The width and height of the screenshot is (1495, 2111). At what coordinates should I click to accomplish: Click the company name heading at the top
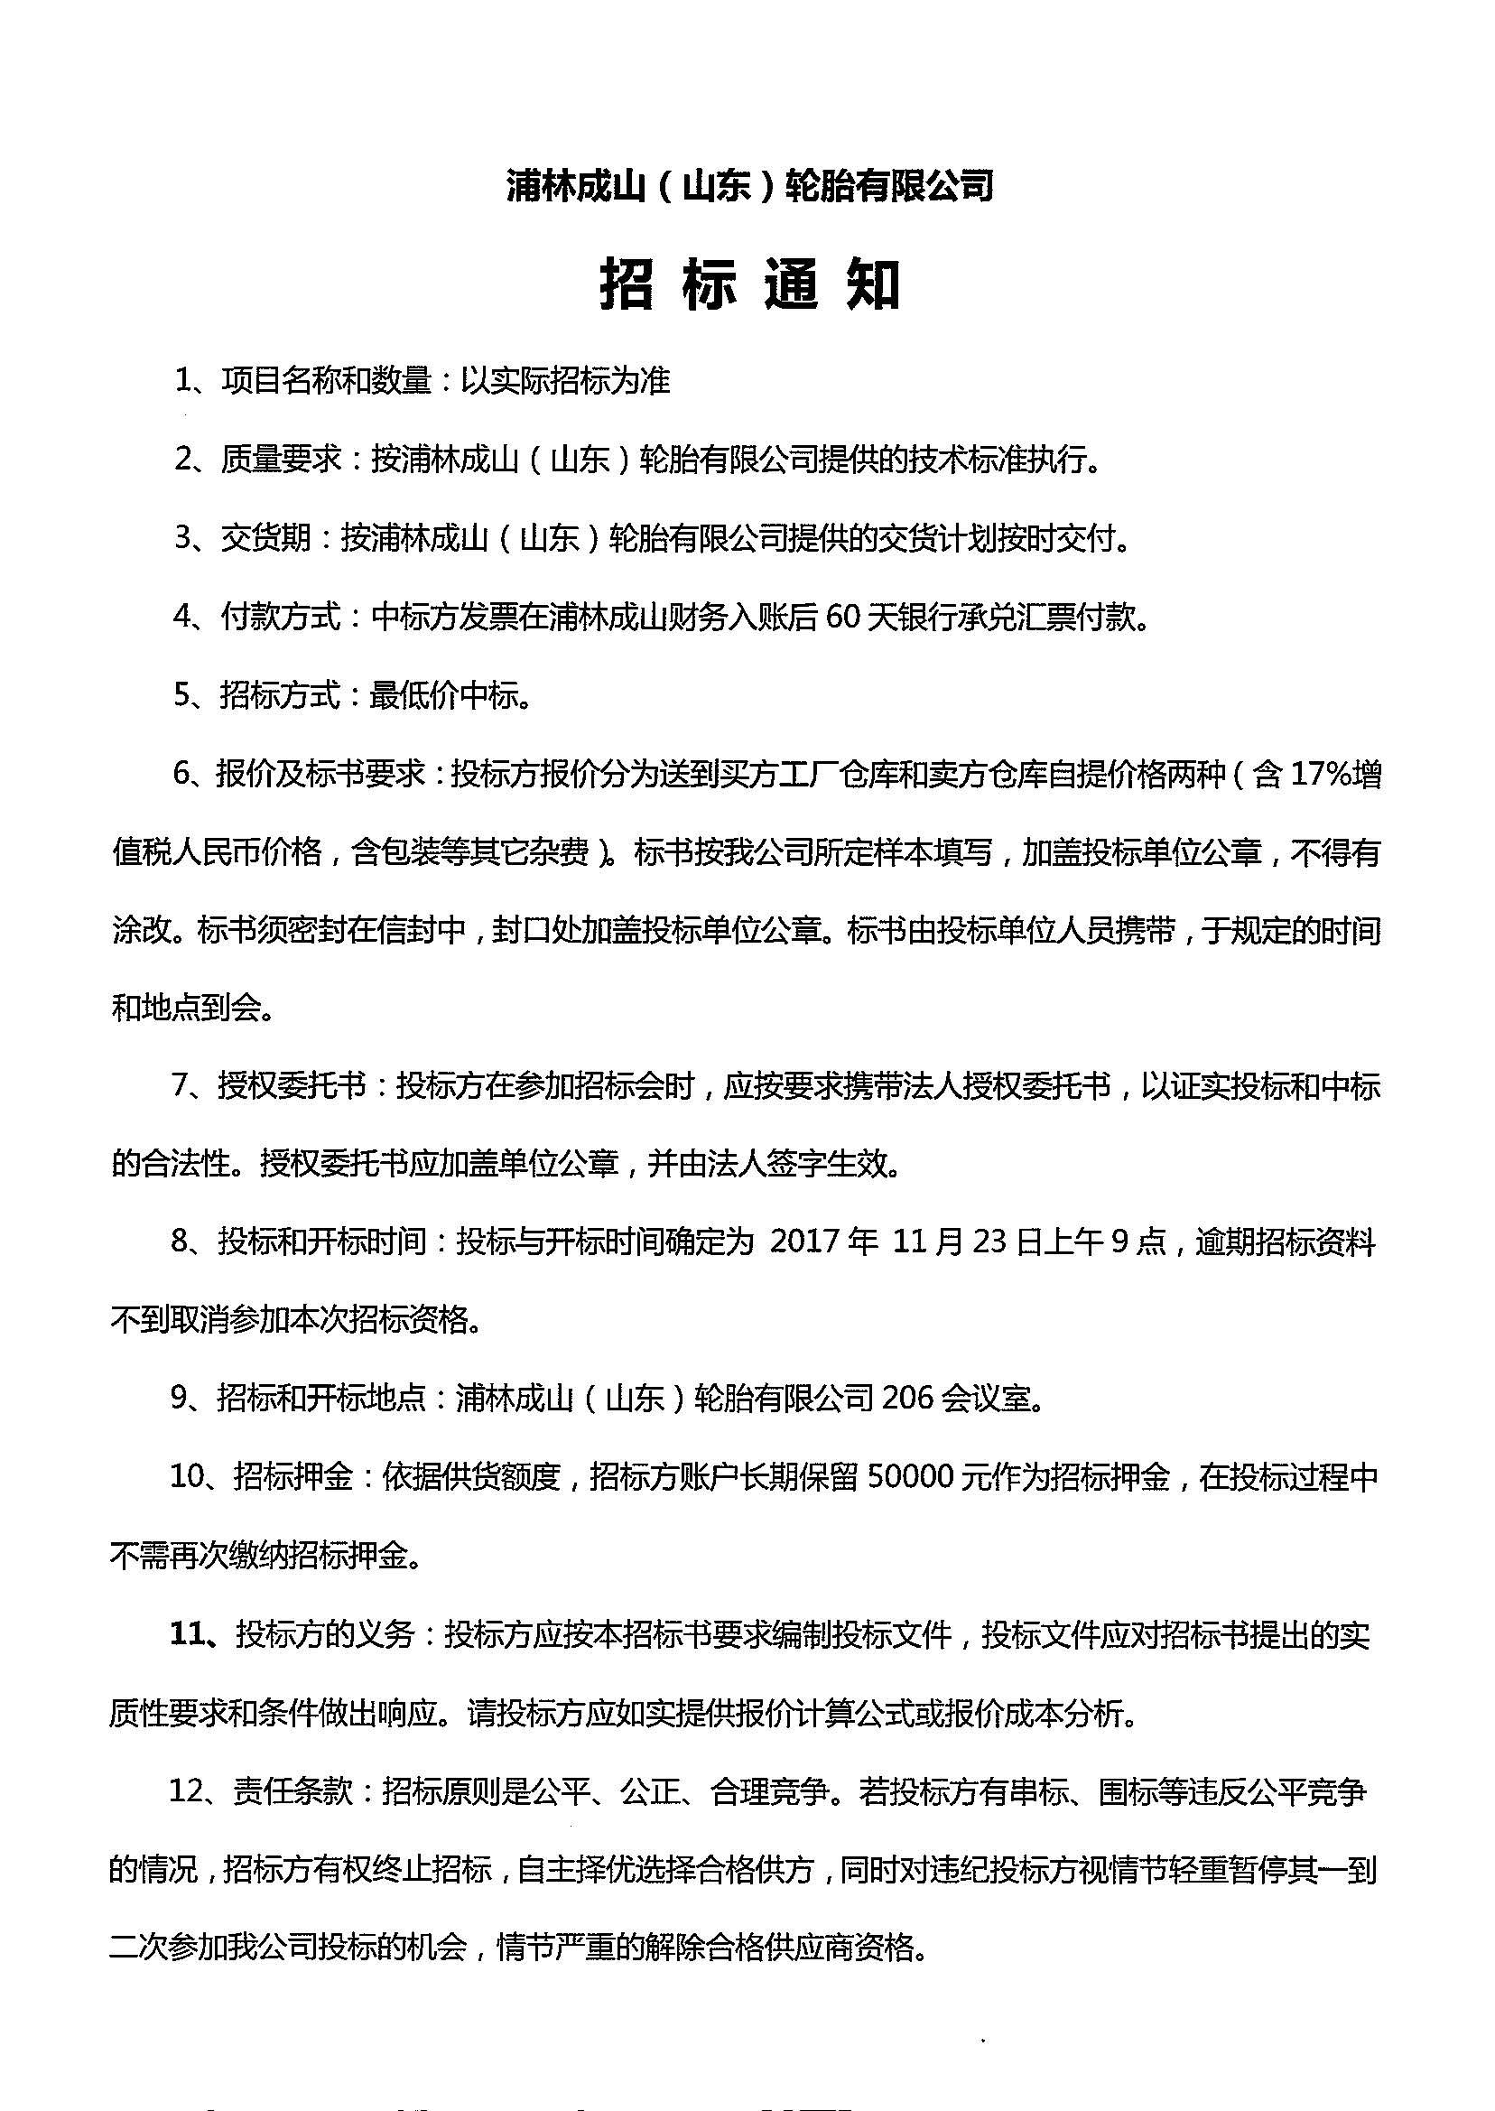749,187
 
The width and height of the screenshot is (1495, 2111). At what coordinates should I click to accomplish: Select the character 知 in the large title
873,284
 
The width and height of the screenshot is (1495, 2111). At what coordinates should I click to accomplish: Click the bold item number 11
190,1634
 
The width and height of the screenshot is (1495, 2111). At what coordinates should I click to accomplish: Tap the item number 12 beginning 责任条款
190,1791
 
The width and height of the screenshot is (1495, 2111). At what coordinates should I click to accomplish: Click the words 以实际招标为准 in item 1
565,380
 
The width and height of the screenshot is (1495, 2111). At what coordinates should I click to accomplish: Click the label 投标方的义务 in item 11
326,1634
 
